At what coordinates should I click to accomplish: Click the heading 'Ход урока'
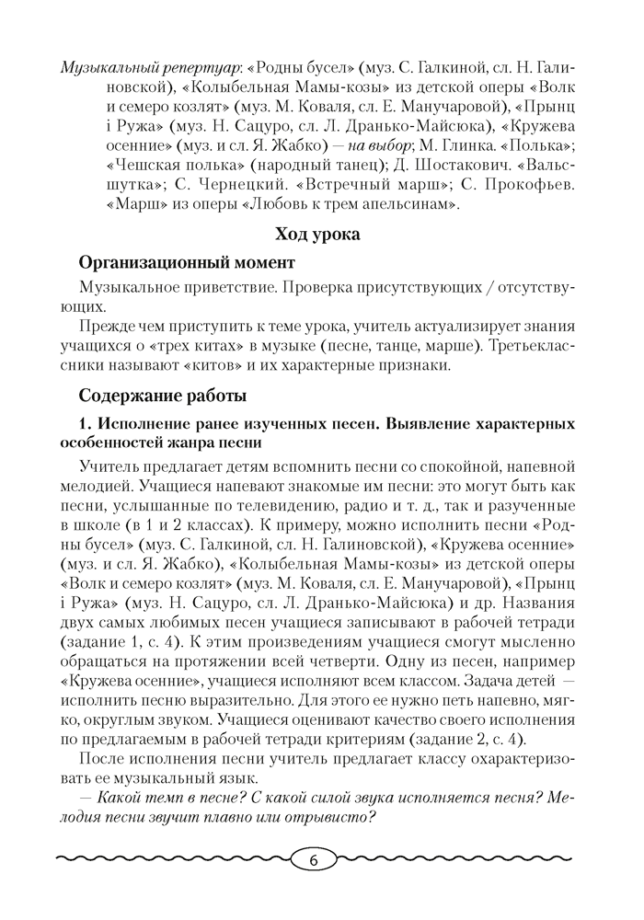[317, 235]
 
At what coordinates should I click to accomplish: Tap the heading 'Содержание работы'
[163, 397]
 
